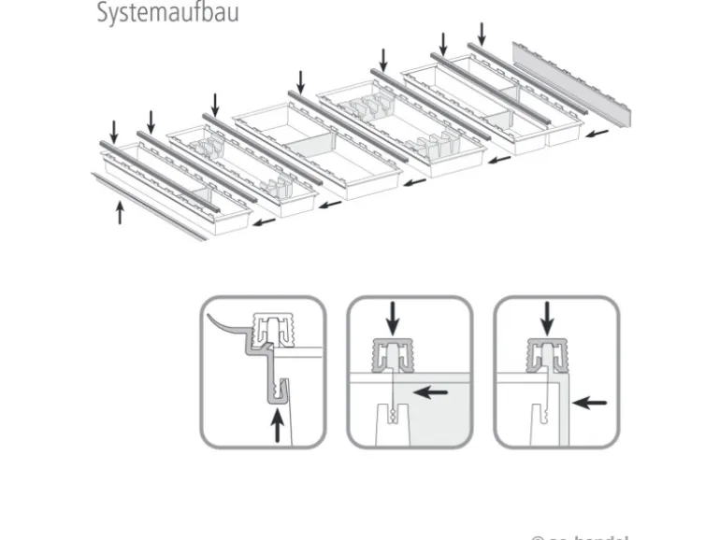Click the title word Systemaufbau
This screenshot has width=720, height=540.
coord(167,14)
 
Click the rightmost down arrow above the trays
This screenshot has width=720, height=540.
coord(482,33)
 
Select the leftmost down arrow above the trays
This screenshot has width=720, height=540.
coord(115,130)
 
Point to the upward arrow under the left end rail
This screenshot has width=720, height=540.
coord(120,212)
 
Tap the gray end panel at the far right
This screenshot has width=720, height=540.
coord(572,83)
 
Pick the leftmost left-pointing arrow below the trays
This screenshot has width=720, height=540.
coord(266,223)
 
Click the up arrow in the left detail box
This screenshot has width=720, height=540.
coord(275,429)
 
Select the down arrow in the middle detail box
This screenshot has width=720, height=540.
coord(393,321)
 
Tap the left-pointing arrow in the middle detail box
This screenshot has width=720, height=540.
coord(430,392)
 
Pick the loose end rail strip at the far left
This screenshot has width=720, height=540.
coord(150,206)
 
